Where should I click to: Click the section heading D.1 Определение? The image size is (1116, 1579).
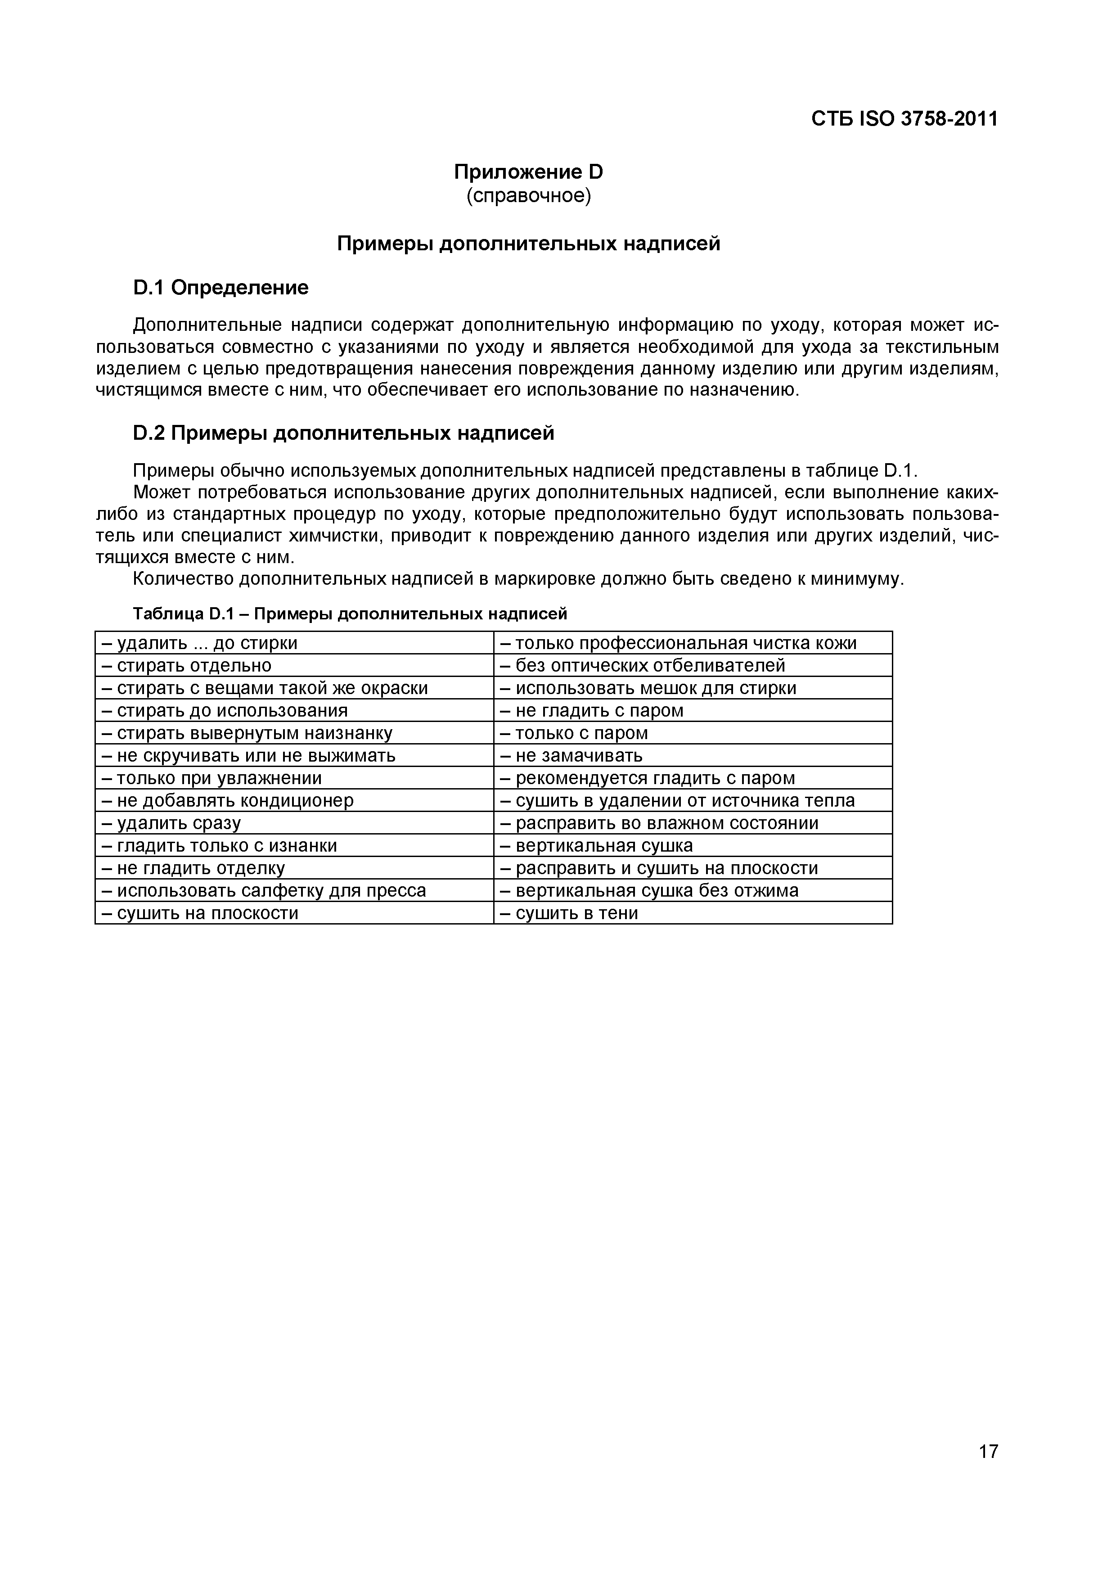(220, 288)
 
